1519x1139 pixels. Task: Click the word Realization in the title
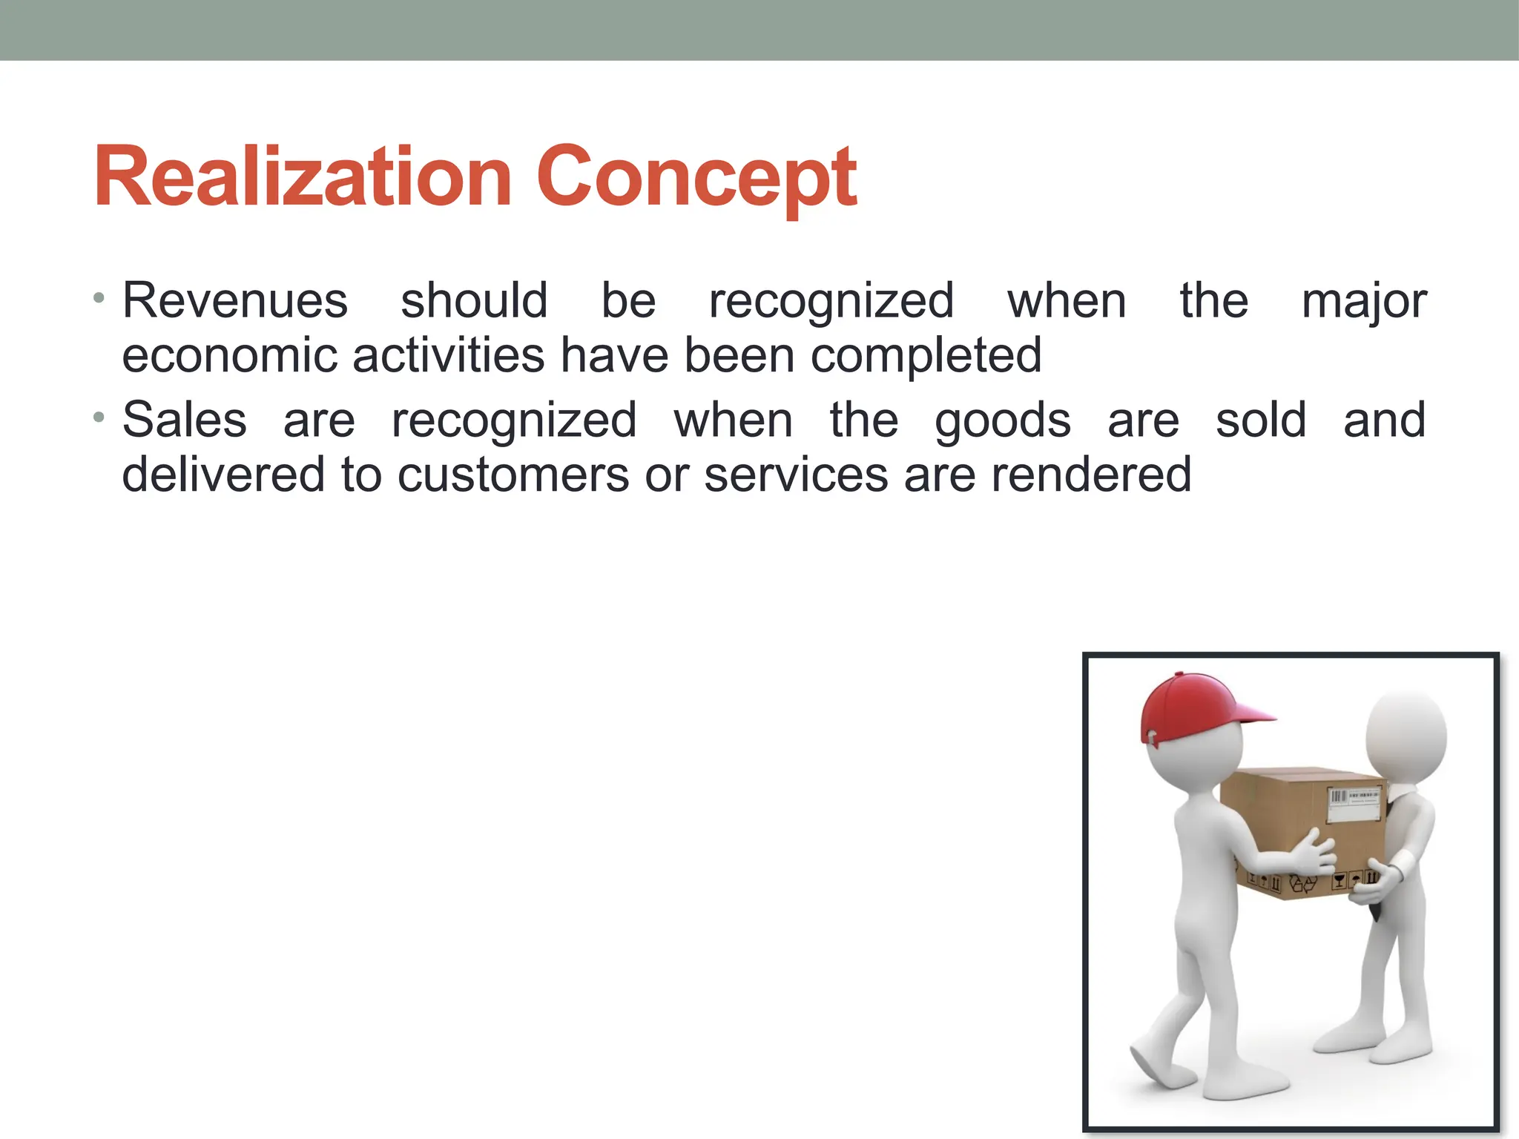(x=303, y=178)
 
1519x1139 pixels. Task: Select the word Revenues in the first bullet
(x=235, y=301)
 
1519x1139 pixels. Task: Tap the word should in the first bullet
(x=474, y=301)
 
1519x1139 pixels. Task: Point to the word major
(x=1364, y=303)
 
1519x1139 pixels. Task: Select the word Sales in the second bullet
(x=184, y=420)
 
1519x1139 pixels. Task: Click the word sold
(x=1261, y=420)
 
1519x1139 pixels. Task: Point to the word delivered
(x=223, y=475)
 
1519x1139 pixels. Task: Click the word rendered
(x=1091, y=475)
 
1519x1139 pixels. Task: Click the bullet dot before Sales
(x=99, y=418)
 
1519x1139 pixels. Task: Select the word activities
(x=449, y=356)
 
